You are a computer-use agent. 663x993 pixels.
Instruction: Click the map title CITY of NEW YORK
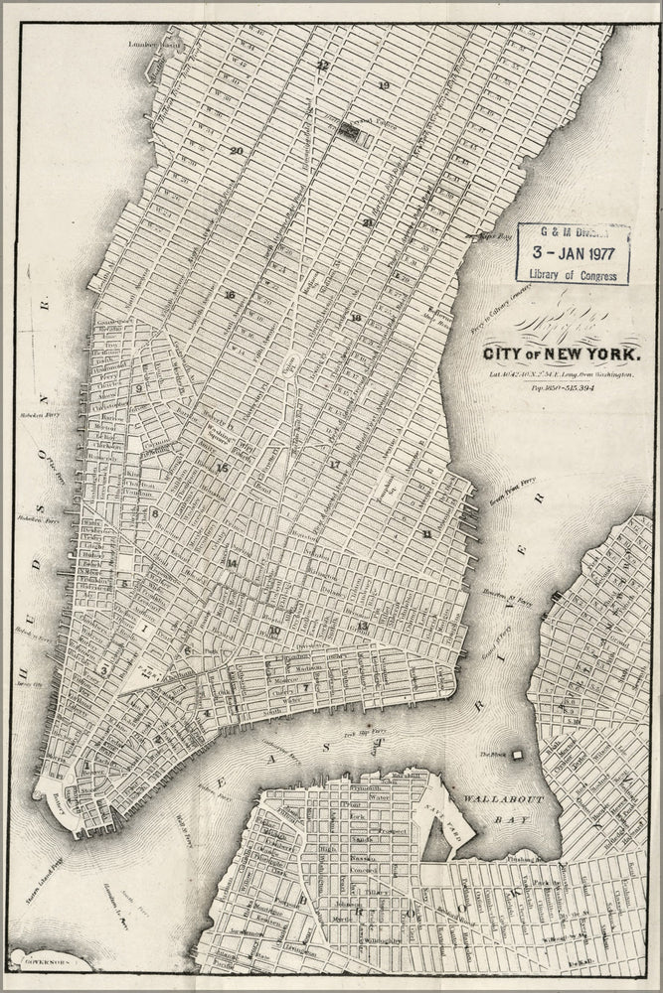[x=562, y=354]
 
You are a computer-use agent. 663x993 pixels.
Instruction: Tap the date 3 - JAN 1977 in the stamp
[x=574, y=252]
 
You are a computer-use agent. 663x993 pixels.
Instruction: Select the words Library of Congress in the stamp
[x=574, y=275]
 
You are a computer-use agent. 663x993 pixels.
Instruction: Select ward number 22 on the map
[x=321, y=66]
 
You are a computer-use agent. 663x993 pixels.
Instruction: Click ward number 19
[x=383, y=86]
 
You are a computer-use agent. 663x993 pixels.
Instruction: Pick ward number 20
[x=236, y=151]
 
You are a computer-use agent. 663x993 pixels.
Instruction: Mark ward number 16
[x=230, y=295]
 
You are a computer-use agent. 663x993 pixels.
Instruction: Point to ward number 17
[x=334, y=465]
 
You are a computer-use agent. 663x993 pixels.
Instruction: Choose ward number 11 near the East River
[x=426, y=534]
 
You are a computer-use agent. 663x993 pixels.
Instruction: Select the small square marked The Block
[x=517, y=755]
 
